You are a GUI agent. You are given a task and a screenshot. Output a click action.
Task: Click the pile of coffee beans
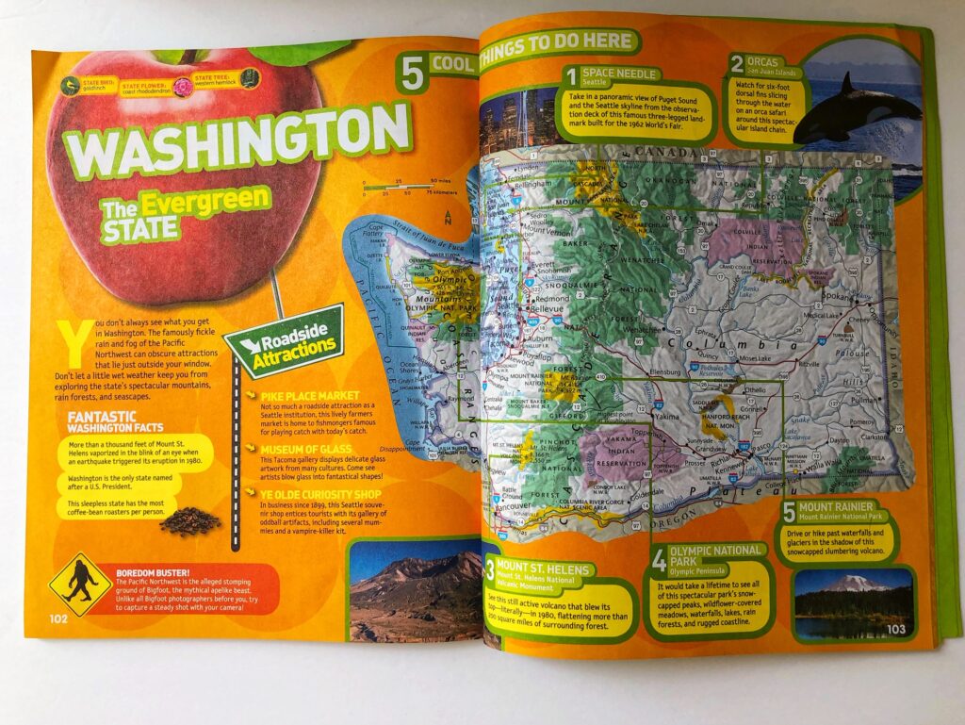point(190,520)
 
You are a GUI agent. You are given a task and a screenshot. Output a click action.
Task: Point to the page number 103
point(894,628)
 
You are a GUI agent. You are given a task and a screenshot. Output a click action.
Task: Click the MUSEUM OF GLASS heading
point(305,449)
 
